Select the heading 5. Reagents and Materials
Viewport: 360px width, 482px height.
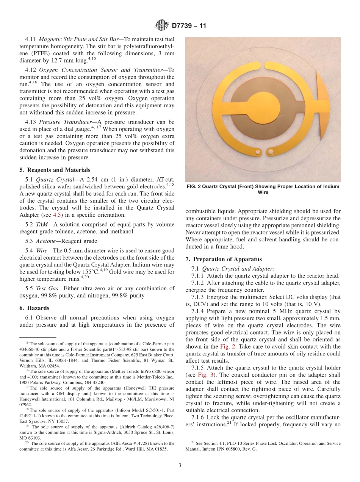tap(55, 170)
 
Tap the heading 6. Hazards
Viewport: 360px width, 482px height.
tap(34, 308)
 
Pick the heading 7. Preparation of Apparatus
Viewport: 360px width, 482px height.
tap(224, 259)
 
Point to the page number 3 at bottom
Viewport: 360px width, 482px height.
tap(180, 465)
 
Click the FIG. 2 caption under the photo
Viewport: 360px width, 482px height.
tap(263, 189)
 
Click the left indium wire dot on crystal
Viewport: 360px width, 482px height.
tap(257, 152)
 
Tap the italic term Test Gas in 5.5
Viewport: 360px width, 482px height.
tap(46, 288)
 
